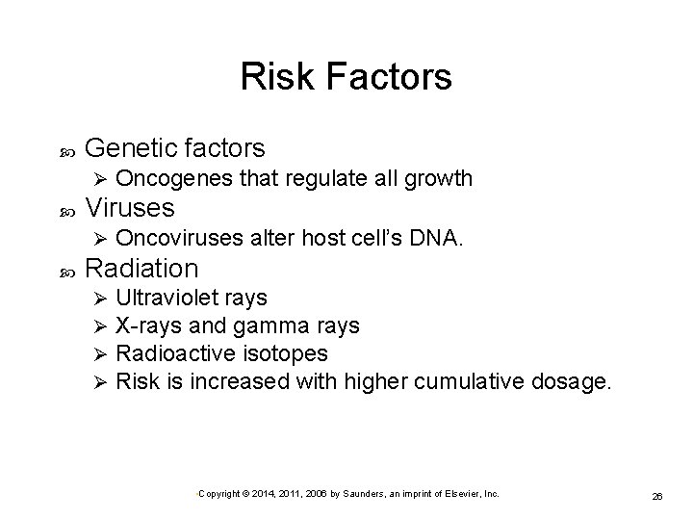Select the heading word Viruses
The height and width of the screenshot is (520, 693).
(130, 207)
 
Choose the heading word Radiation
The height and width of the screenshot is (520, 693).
(141, 267)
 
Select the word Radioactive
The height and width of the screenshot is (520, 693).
(168, 353)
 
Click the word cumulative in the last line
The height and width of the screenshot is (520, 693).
(464, 381)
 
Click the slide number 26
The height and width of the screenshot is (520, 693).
(656, 495)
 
